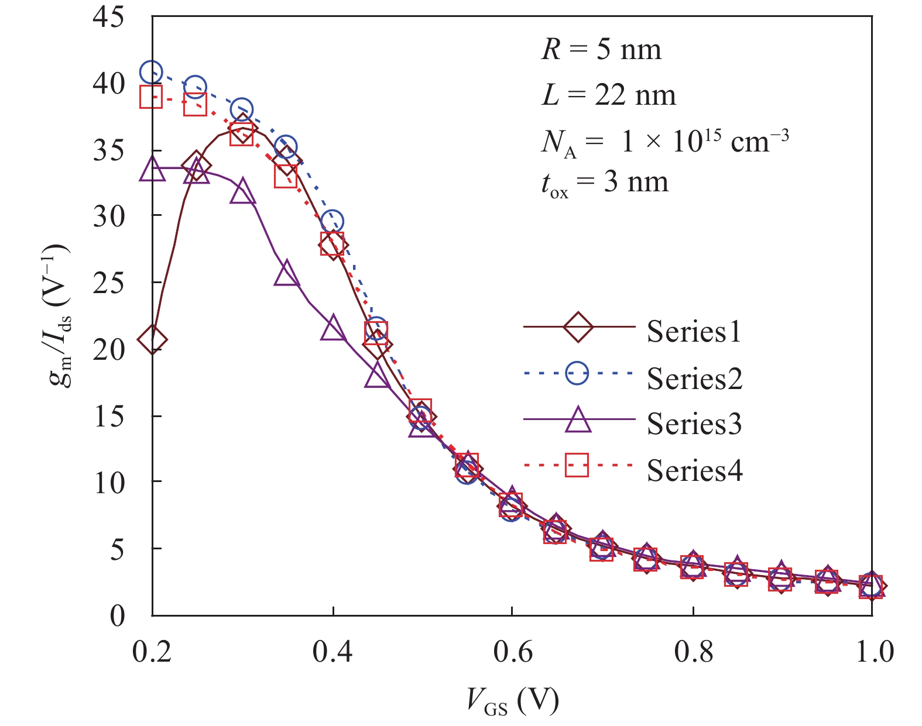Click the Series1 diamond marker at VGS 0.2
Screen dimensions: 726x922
152,339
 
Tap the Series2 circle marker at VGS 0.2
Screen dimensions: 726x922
151,72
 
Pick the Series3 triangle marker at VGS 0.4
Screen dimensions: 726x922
333,328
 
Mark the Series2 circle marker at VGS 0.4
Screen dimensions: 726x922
333,222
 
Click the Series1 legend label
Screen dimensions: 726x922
694,332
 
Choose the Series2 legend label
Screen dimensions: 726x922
694,379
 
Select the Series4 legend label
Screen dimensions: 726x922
694,470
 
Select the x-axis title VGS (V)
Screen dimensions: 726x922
512,701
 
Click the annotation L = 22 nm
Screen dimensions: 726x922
609,95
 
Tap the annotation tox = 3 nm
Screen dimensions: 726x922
604,183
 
